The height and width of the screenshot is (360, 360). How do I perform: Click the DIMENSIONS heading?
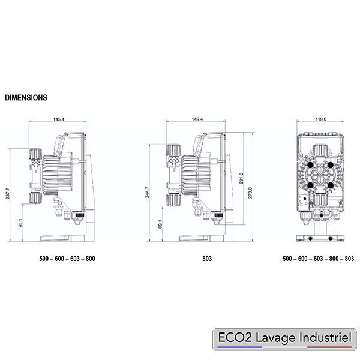pos(26,97)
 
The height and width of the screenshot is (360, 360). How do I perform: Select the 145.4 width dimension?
pos(59,120)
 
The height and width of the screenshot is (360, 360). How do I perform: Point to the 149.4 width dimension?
pos(197,120)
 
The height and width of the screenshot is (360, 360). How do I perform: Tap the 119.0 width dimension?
pos(321,120)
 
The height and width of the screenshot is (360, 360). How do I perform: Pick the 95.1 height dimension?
pos(21,224)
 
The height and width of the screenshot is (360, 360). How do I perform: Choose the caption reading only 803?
pos(206,259)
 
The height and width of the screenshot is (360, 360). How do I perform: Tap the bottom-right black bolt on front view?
pos(331,185)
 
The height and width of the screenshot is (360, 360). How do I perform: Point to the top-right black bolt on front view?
pos(331,163)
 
